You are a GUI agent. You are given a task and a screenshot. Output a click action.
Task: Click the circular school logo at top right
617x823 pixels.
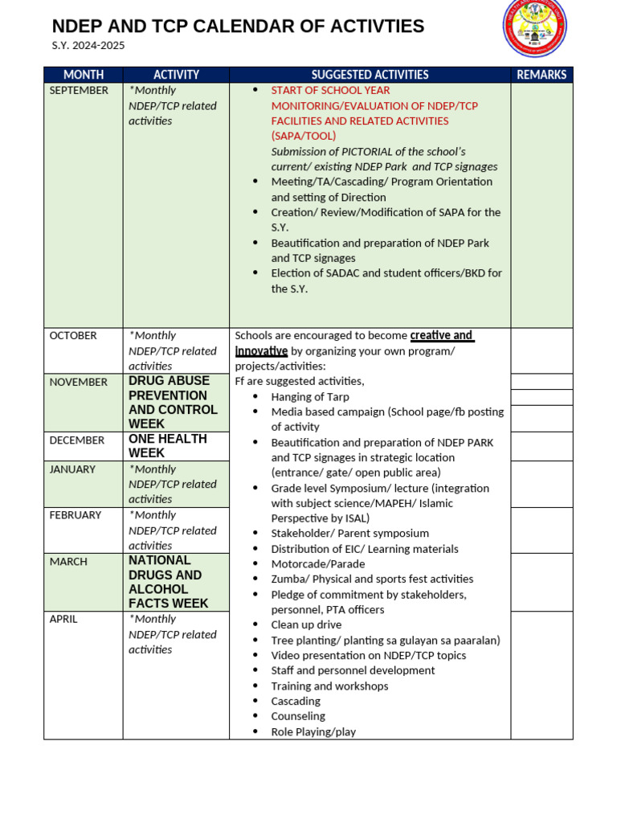tap(534, 27)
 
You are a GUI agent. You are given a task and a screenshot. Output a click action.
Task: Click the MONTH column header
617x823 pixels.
tap(84, 75)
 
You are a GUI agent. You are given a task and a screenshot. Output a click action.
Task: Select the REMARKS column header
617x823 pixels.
tap(541, 75)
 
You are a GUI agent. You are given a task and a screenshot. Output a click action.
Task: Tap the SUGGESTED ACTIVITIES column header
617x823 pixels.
tap(370, 75)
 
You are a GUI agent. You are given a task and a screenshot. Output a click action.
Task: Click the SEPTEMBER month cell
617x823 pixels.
tap(79, 91)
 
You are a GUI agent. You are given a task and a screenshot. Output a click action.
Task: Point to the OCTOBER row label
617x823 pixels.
tap(73, 336)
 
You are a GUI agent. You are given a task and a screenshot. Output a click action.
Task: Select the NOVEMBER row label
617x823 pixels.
tap(78, 383)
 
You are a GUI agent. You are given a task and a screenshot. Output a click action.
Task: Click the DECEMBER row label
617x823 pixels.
tap(77, 440)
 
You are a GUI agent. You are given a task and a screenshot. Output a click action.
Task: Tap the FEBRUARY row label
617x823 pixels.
tap(76, 515)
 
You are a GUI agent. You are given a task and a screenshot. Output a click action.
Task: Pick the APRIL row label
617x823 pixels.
tap(63, 620)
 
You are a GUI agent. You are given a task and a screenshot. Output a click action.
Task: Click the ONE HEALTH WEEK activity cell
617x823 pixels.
tap(168, 446)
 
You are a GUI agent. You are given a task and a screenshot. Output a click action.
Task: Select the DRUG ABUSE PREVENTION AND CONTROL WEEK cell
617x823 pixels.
tap(173, 402)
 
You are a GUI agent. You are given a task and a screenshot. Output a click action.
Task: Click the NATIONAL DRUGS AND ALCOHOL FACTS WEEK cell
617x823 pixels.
tap(168, 582)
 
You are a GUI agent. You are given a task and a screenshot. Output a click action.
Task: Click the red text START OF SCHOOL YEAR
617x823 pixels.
tap(330, 91)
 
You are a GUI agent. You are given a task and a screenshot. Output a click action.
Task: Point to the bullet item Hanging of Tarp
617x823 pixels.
tap(310, 397)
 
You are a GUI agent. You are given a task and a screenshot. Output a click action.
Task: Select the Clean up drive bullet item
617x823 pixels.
tap(306, 625)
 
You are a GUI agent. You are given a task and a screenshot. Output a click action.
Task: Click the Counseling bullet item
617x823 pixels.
tap(298, 716)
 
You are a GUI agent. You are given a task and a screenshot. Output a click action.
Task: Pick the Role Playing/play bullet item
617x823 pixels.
tap(313, 732)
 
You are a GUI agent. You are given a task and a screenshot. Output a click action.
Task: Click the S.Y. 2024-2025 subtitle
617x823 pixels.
tap(88, 46)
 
